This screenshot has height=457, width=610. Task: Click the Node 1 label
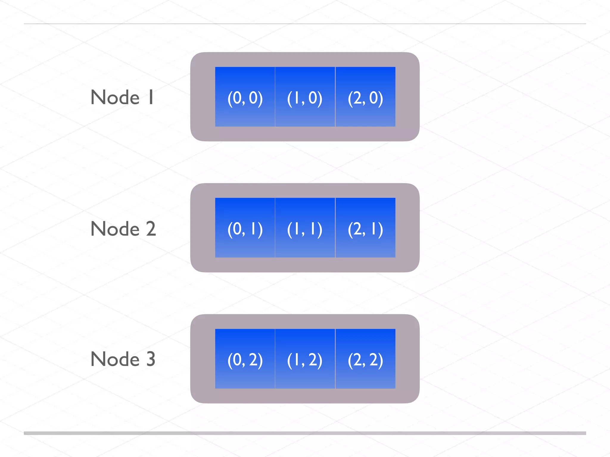point(122,97)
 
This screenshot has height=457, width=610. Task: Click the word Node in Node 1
point(115,97)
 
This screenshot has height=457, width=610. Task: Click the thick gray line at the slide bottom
point(305,433)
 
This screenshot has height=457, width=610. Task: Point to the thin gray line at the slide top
point(305,24)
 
